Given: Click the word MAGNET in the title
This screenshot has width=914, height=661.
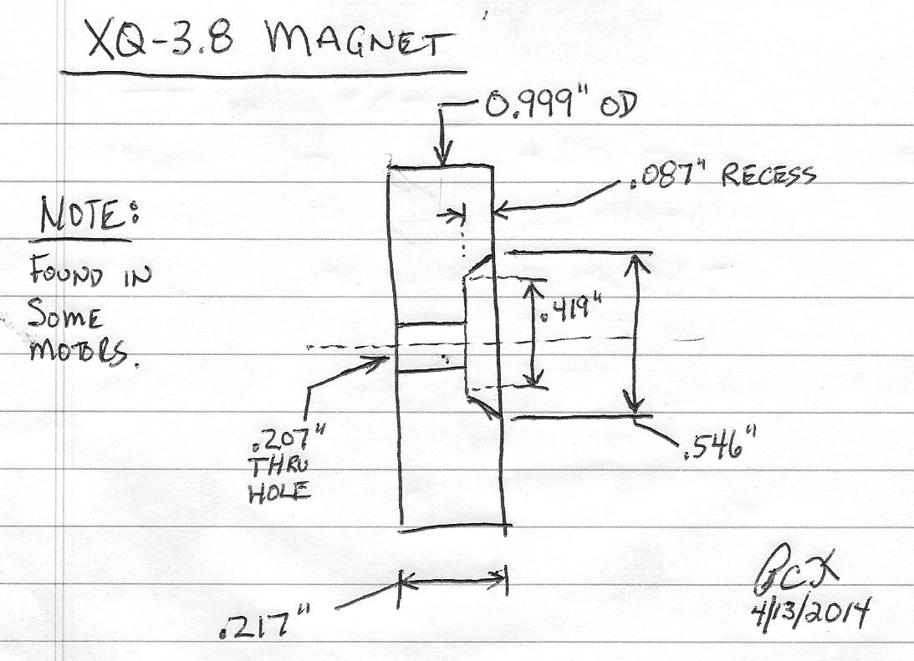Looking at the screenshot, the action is (x=360, y=39).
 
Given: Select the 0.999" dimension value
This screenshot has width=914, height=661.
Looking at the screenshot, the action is (x=532, y=104).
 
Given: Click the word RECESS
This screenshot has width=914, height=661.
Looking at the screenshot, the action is (x=768, y=175).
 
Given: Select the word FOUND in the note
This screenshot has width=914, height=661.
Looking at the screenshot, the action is (x=66, y=272).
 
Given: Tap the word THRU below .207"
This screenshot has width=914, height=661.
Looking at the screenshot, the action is (x=279, y=468).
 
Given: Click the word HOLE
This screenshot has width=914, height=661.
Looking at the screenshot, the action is (x=279, y=492).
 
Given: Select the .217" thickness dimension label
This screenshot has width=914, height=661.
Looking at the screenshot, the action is (x=264, y=623).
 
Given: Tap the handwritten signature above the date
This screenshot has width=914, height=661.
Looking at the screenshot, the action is (x=796, y=570).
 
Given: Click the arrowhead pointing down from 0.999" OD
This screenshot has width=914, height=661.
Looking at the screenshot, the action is (x=443, y=156).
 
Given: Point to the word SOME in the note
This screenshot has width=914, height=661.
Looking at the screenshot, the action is (x=64, y=314).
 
